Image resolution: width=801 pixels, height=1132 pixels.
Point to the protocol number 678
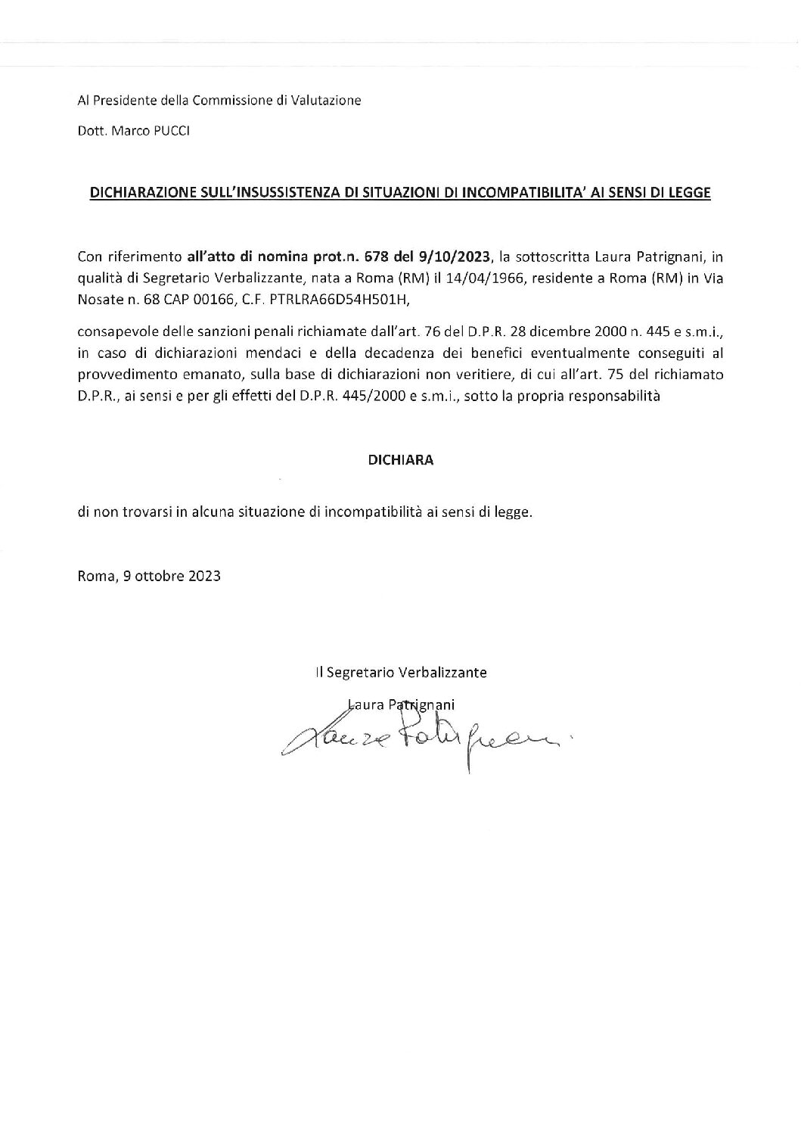point(376,257)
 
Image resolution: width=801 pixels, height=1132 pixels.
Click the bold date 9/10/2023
point(452,257)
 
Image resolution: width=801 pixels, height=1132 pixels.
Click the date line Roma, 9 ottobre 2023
point(149,576)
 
